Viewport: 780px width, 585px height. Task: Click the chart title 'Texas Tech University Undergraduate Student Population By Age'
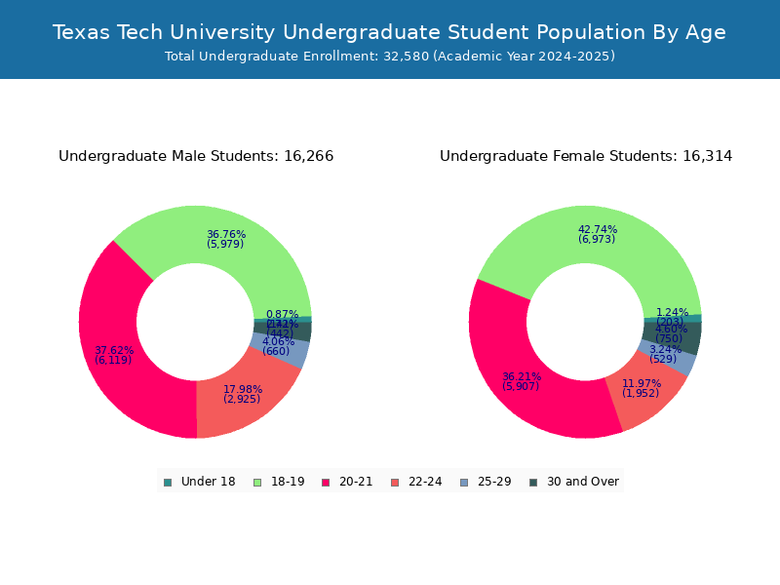point(389,32)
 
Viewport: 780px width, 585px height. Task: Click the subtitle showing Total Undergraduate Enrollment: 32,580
point(389,57)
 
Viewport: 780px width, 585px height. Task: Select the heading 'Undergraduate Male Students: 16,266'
point(196,156)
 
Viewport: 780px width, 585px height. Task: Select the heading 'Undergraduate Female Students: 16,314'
point(586,156)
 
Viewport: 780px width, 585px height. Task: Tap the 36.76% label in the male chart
point(226,234)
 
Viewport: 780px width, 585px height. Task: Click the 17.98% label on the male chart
point(242,389)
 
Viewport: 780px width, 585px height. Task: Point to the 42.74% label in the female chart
point(598,229)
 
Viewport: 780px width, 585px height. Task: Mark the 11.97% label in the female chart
point(641,383)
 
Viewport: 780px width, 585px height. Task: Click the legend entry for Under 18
point(200,482)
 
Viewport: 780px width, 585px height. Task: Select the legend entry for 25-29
point(485,482)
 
